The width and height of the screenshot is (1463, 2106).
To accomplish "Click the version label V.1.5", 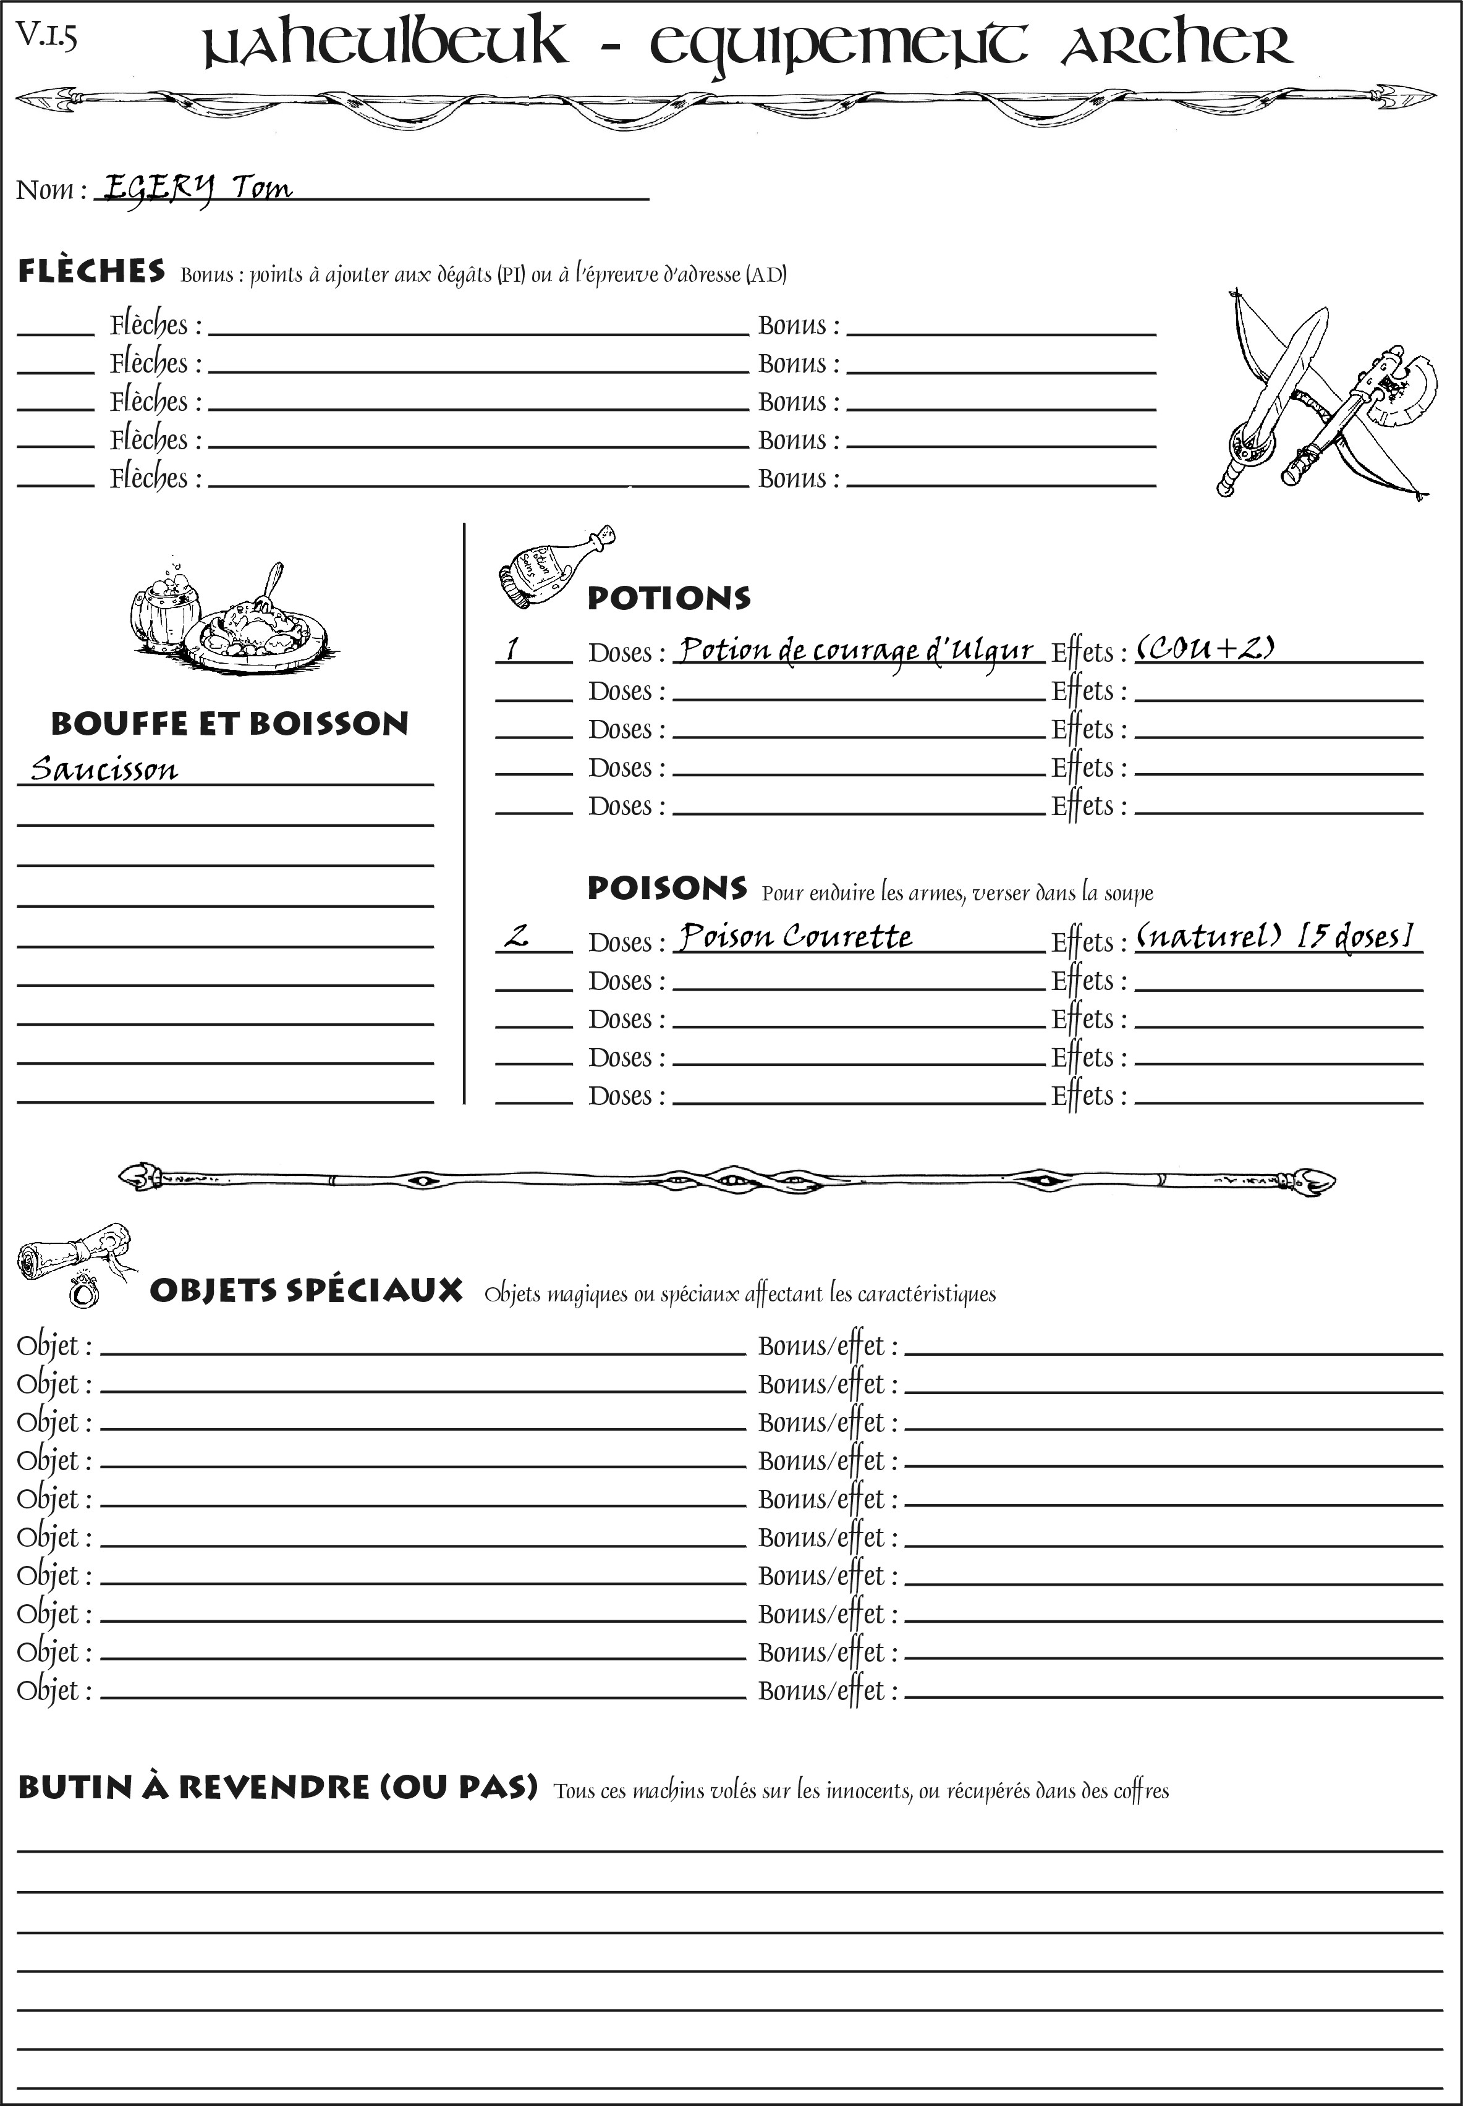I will [47, 36].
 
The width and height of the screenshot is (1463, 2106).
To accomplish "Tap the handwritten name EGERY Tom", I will [197, 188].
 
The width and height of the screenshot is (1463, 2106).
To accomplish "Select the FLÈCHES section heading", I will [91, 271].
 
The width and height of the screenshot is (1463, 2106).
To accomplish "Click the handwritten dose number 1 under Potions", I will [512, 649].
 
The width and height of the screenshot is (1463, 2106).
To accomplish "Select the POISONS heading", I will [666, 888].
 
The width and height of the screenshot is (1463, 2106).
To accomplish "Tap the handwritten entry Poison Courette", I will [795, 937].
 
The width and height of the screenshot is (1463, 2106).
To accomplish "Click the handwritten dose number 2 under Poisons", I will [517, 937].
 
